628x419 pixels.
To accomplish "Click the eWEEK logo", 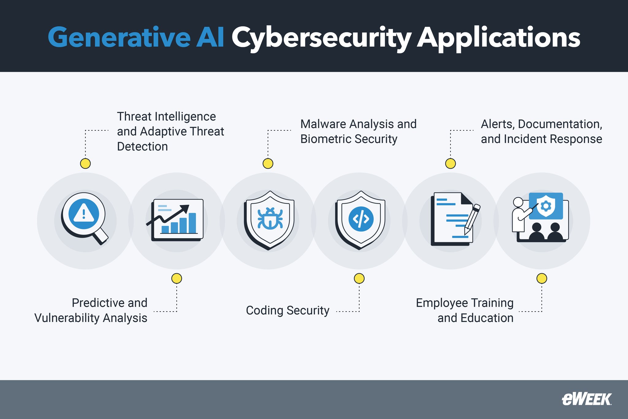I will pos(586,399).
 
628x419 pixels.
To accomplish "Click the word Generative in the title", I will pos(119,37).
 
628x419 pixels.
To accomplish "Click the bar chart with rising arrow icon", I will pos(176,220).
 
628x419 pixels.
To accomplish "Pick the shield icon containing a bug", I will pos(269,220).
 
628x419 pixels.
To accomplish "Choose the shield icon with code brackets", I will pos(361,220).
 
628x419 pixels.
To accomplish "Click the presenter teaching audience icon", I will pos(540,217).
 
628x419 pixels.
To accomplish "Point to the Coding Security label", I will pos(287,310).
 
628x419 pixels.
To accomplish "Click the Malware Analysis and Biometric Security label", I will pos(358,131).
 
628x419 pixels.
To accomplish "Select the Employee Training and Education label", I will pos(465,310).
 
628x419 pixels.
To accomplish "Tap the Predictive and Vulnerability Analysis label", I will pos(91,310).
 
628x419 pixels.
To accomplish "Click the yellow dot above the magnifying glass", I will pos(85,163).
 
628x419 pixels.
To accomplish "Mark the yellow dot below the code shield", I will pos(359,278).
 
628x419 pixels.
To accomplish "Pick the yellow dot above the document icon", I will pos(450,163).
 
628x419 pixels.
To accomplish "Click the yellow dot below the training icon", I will pos(542,278).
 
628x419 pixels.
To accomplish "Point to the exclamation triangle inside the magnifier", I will pos(83,212).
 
